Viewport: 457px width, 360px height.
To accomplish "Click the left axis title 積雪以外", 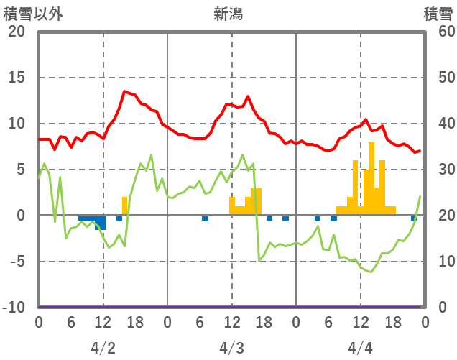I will point(28,14).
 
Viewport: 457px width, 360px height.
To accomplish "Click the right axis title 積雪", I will point(437,14).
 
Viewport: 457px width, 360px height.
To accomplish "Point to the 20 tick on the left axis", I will point(16,32).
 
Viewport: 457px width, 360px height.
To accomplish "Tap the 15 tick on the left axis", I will point(16,78).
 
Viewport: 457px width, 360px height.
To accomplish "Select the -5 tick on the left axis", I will point(16,262).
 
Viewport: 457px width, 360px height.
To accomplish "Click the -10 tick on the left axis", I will point(14,308).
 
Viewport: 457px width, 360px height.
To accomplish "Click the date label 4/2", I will point(103,348).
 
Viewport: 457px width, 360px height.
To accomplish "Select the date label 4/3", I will point(231,348).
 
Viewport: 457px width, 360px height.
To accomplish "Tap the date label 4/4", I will point(360,348).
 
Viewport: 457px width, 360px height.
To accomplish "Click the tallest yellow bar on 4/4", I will point(371,180).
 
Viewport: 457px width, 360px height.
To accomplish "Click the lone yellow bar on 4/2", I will point(124,206).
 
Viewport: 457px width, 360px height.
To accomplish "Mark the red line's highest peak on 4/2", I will point(124,91).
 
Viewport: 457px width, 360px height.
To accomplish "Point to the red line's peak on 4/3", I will point(248,96).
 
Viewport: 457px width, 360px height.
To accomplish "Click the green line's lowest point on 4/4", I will point(371,272).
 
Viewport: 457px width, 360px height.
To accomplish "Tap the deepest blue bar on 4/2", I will point(103,222).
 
